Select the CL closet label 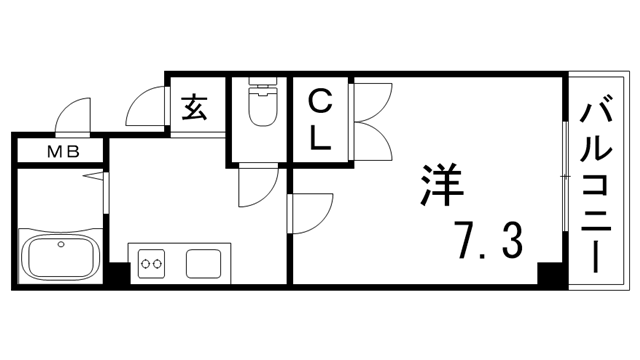(320, 120)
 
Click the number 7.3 (490, 240)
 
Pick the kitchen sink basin (206, 264)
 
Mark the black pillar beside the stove (119, 272)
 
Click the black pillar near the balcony (548, 274)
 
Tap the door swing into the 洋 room (310, 212)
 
